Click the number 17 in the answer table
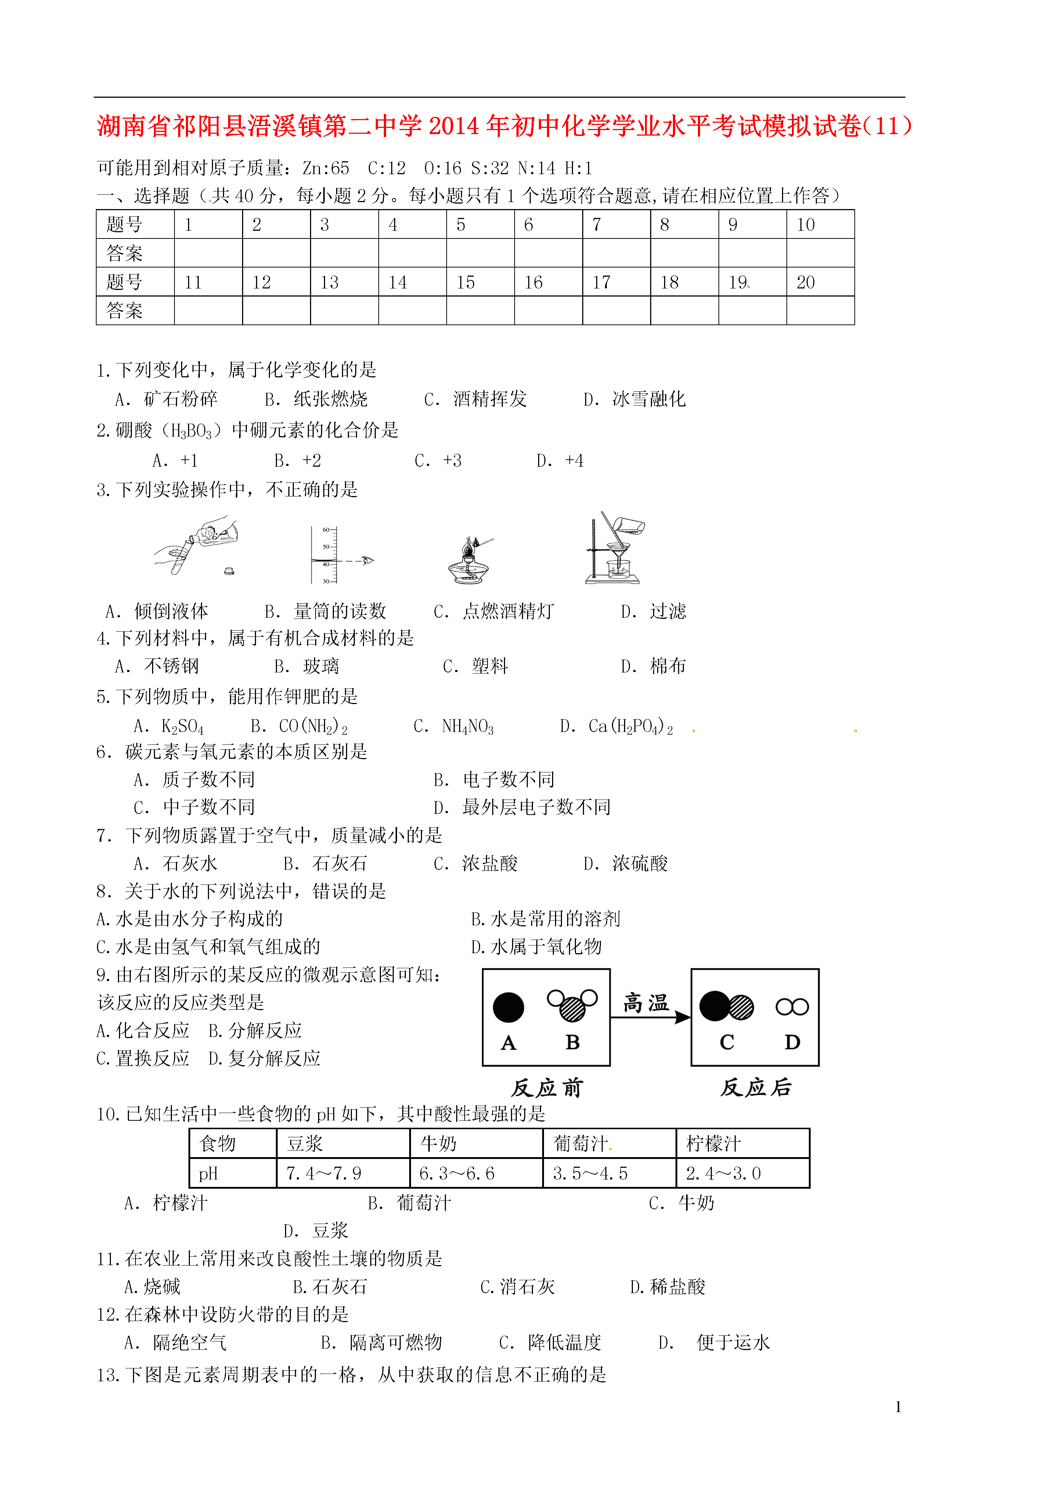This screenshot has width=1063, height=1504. click(601, 282)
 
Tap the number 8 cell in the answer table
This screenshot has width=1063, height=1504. click(665, 225)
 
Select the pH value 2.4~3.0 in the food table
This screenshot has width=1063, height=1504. click(723, 1173)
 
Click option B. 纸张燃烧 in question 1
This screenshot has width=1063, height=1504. click(316, 399)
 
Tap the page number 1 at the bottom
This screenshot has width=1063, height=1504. click(898, 1406)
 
